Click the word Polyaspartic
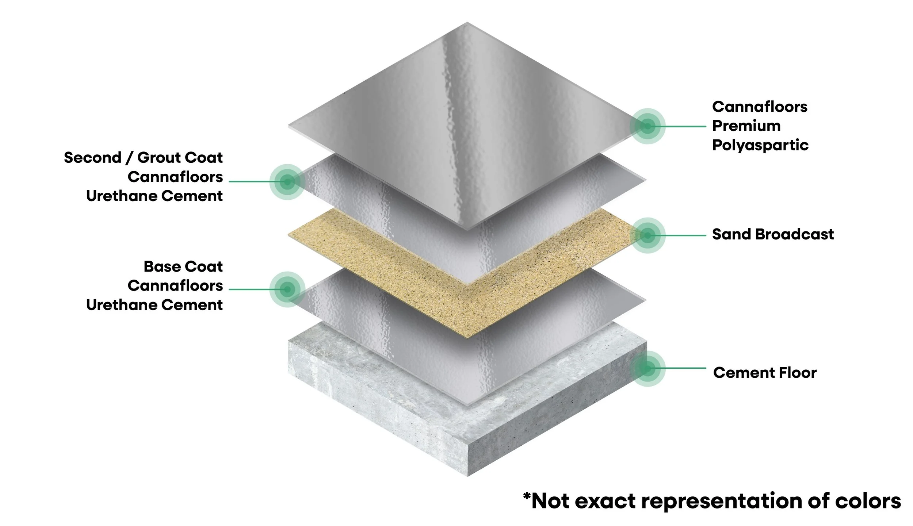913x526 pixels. tap(760, 145)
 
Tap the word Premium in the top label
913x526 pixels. tap(746, 126)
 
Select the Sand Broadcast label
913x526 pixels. tap(773, 234)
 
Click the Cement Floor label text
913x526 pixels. tap(765, 373)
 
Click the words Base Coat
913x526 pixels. tap(183, 266)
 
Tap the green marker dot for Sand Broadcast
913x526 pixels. tap(647, 235)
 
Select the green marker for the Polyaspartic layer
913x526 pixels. tap(647, 126)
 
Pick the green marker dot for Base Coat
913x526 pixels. tap(287, 289)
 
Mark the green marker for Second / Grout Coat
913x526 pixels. tap(287, 182)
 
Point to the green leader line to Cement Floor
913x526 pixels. tap(679, 368)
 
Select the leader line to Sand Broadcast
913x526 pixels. tap(679, 235)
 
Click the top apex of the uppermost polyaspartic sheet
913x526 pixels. tap(467, 23)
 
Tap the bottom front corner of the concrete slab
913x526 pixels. tap(467, 476)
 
